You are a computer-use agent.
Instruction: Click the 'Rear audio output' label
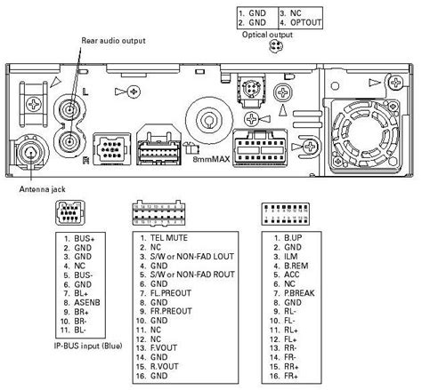pos(113,41)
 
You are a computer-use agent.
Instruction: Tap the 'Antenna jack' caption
pos(42,189)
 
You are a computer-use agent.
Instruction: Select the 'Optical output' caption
pos(267,35)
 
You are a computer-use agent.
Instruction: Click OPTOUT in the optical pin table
pos(305,22)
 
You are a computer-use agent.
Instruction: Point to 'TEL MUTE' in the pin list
pos(169,238)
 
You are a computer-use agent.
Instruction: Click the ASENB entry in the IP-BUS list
pos(87,303)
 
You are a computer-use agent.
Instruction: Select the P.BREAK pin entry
pos(299,293)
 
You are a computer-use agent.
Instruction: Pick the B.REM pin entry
pos(296,266)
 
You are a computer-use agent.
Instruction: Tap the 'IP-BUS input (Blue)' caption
pos(88,346)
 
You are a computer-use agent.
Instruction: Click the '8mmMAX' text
pos(211,159)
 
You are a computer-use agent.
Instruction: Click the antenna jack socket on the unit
pos(30,152)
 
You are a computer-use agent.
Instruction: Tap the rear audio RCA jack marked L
pos(69,109)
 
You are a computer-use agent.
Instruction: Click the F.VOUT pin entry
pos(164,347)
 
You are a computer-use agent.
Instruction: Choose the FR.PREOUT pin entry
pos(171,311)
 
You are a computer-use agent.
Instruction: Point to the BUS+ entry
pos(85,238)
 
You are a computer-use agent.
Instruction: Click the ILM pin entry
pos(291,257)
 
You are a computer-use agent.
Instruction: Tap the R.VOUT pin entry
pos(164,366)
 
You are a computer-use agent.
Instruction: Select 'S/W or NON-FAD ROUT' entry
pos(192,275)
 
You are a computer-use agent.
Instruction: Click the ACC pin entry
pos(291,275)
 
